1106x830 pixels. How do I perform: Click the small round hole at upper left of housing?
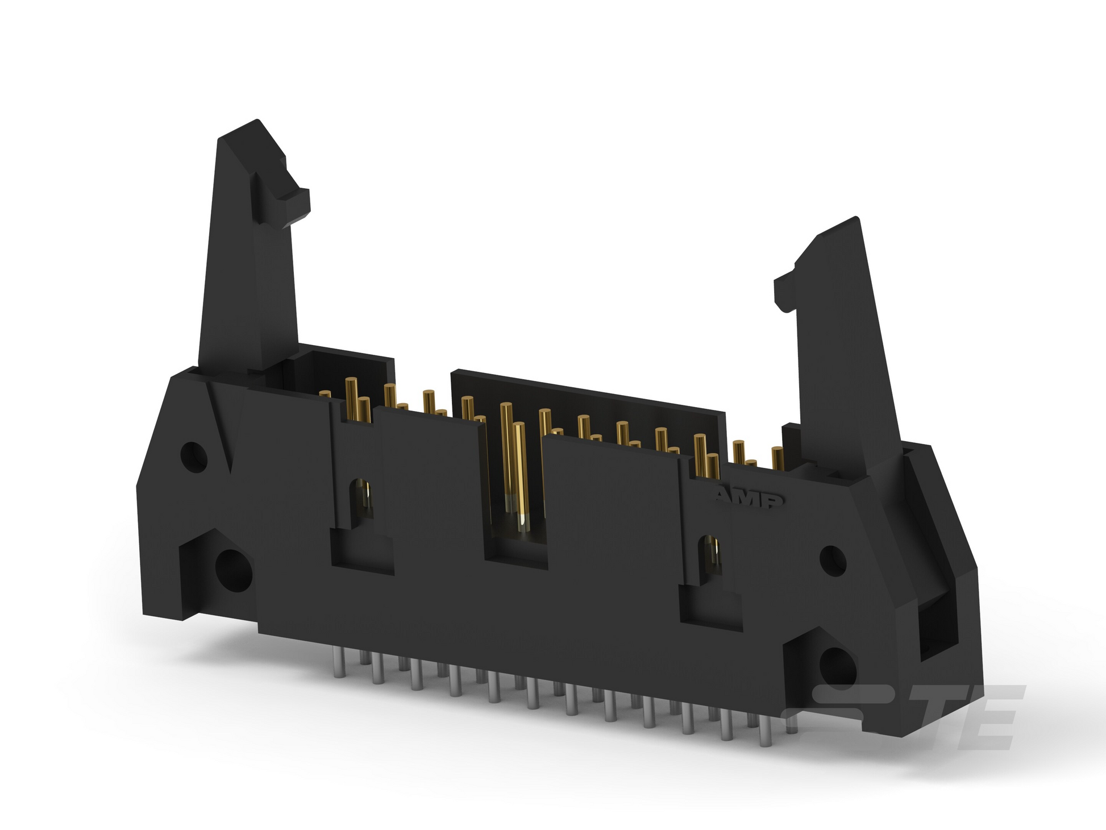194,454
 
